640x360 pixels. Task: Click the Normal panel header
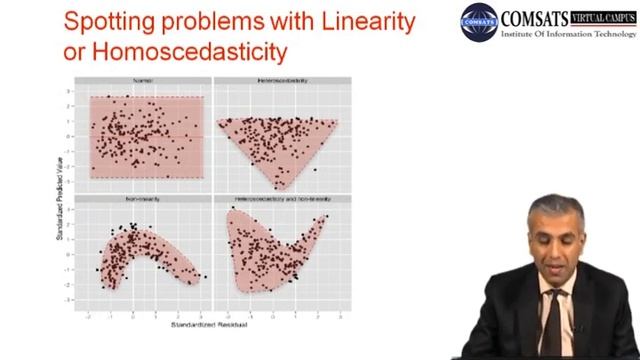[148, 80]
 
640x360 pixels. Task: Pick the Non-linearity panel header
[148, 200]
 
